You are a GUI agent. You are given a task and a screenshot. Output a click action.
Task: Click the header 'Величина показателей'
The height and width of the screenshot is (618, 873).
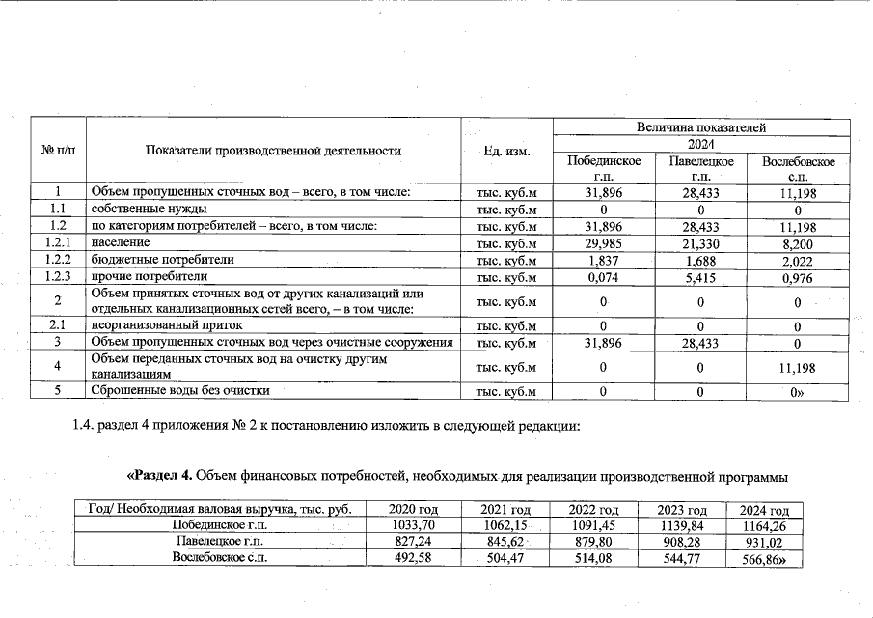coord(701,127)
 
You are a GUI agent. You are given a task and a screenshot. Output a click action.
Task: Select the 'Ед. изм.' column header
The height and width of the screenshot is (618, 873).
coord(506,151)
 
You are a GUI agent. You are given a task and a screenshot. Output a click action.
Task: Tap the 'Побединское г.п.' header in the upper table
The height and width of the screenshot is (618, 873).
coord(604,167)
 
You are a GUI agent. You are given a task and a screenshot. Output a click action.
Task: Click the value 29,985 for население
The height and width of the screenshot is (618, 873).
coord(604,243)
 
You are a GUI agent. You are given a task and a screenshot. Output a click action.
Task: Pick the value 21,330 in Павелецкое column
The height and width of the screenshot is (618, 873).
coord(701,243)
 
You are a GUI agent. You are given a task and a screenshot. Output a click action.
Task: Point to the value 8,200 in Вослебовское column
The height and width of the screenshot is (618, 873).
coord(799,243)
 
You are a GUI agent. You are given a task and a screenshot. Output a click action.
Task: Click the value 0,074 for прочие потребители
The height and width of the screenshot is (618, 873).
coord(604,277)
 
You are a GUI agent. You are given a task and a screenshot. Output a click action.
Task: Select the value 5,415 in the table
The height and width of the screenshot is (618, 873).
coord(701,277)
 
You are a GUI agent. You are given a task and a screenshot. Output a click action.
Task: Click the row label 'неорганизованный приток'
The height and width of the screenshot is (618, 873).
coord(171,325)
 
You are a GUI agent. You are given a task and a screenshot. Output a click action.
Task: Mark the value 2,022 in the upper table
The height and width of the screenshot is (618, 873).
coord(799,260)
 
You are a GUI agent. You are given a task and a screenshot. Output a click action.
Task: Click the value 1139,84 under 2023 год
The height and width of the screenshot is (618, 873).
coord(682,525)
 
